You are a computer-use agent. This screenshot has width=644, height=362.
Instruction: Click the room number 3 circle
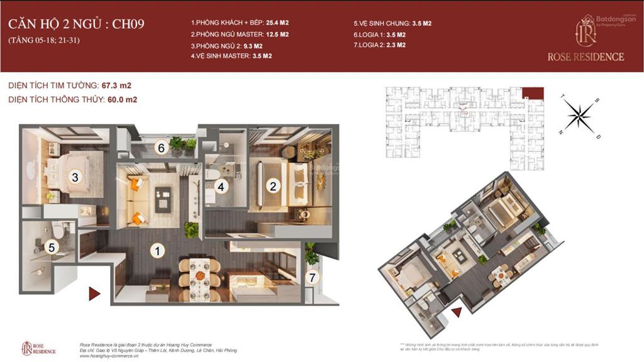tap(75, 177)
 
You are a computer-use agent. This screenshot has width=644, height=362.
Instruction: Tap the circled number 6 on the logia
tap(161, 148)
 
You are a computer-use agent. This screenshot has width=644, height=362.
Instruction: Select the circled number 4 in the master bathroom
tap(221, 186)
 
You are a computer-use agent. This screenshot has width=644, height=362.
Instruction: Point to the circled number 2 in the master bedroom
tap(273, 186)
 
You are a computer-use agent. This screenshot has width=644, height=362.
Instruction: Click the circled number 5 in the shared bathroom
tap(53, 248)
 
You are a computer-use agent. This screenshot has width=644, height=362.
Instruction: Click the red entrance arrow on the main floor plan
tap(94, 293)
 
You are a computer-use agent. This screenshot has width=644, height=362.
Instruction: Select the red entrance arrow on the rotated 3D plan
tap(457, 311)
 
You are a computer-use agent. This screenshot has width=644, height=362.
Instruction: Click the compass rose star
tap(579, 115)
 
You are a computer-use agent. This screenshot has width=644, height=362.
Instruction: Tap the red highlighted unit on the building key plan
tap(532, 94)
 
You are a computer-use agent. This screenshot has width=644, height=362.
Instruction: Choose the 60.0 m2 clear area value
tap(124, 99)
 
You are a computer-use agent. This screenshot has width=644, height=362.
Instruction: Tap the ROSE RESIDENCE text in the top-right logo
tap(586, 57)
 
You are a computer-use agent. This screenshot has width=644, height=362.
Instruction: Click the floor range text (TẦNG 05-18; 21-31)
tap(44, 40)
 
